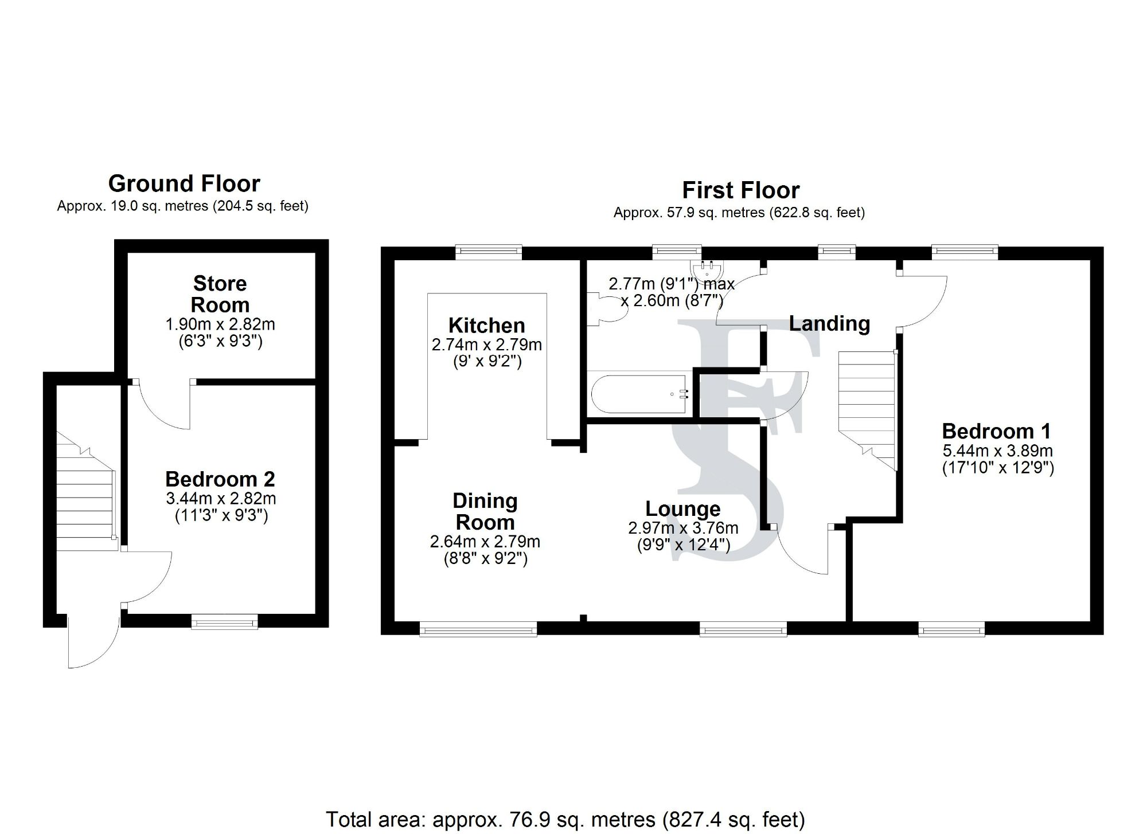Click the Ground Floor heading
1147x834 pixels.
[x=184, y=184]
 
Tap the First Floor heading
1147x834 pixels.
[x=740, y=190]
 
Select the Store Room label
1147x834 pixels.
[x=220, y=294]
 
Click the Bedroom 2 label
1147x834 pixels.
[x=220, y=479]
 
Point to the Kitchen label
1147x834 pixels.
[x=486, y=326]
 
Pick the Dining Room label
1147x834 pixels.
[x=485, y=511]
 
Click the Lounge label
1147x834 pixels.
[x=682, y=509]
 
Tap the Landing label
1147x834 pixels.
[x=829, y=324]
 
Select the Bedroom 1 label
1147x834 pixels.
[x=997, y=431]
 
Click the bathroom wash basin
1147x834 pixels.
[x=708, y=269]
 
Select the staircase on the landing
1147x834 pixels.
[x=867, y=401]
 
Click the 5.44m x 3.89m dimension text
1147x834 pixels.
[x=997, y=451]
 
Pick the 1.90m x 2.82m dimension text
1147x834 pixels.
[x=220, y=324]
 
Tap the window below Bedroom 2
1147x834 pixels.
[x=224, y=621]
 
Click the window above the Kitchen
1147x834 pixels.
[x=489, y=252]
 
